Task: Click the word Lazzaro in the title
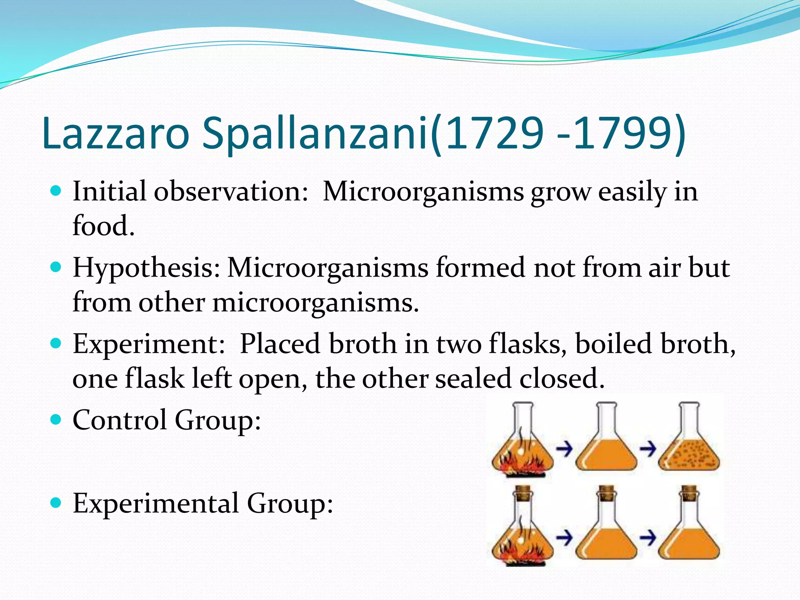[x=116, y=133]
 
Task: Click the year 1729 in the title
[x=494, y=133]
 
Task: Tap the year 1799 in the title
[x=621, y=133]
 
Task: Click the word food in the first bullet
[x=104, y=226]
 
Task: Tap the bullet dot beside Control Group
[x=56, y=419]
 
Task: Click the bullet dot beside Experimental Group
[x=56, y=502]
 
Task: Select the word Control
[x=120, y=420]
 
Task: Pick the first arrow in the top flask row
[x=564, y=449]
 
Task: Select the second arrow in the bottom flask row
[x=647, y=539]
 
